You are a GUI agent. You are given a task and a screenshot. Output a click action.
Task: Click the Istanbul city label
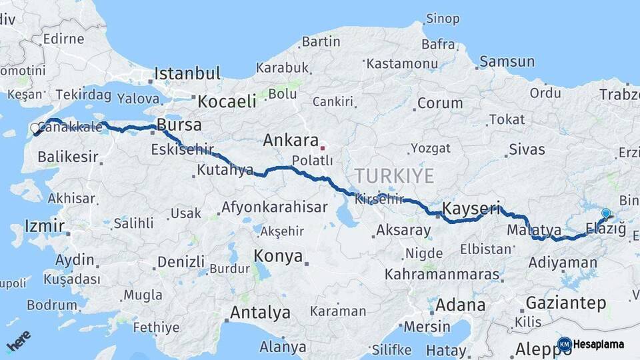click(x=187, y=73)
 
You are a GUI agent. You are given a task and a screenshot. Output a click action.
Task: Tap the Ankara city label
click(x=291, y=141)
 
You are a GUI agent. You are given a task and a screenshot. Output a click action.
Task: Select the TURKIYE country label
click(x=393, y=176)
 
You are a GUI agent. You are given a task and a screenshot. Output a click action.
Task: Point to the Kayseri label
click(x=471, y=208)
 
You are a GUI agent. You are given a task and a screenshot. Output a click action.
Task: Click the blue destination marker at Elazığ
click(x=605, y=214)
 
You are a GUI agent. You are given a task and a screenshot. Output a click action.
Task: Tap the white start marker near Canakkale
click(x=35, y=128)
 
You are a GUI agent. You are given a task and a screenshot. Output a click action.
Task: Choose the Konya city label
click(x=278, y=256)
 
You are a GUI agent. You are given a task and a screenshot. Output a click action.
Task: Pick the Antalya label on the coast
click(x=260, y=312)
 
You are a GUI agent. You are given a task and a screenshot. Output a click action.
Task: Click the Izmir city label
click(x=44, y=225)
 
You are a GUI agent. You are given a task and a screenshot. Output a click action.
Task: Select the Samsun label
click(x=507, y=62)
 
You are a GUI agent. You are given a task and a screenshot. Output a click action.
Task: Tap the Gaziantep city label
click(x=566, y=303)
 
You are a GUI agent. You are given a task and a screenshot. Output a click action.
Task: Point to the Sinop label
click(x=442, y=19)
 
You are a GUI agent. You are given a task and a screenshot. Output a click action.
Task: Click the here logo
click(x=19, y=342)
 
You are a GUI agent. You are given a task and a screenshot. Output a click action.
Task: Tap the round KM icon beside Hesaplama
click(x=564, y=344)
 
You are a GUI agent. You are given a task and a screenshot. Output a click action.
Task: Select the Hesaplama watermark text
click(x=599, y=344)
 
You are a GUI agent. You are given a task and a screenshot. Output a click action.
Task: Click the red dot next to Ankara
click(x=323, y=148)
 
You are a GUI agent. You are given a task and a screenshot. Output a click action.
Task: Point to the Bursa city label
click(x=179, y=125)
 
